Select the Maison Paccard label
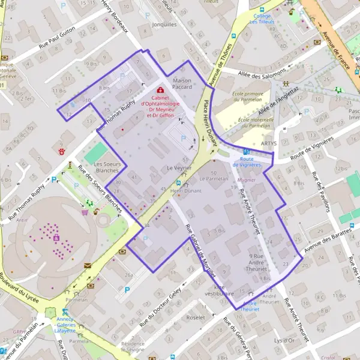[x=182, y=83]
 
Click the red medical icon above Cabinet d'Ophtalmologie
[x=159, y=89]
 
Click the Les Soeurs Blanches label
[x=107, y=167]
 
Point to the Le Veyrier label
[x=179, y=169]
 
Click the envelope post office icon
[x=88, y=265]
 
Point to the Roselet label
[x=196, y=317]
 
